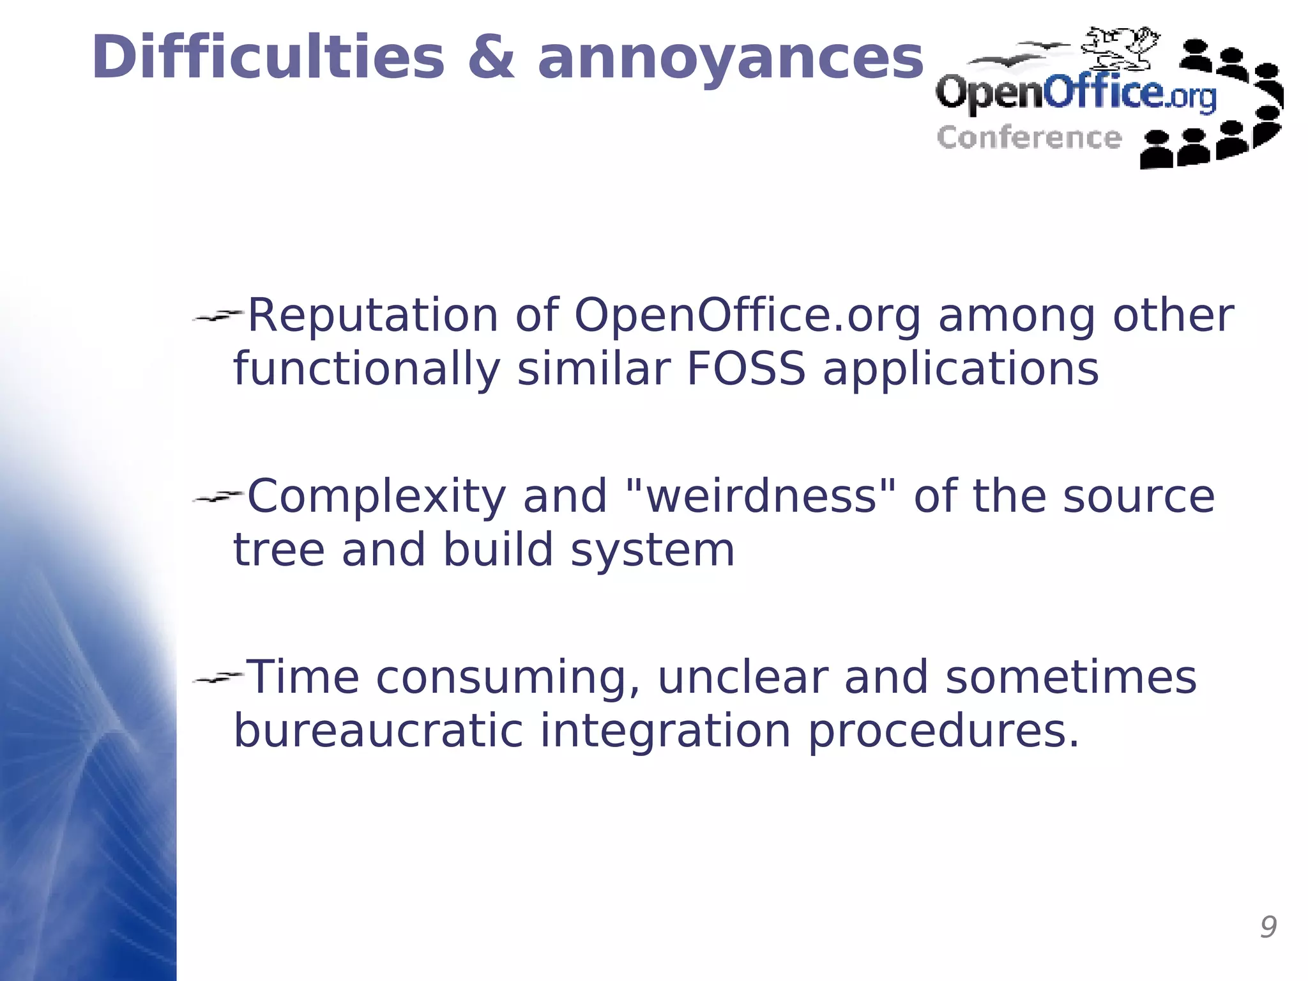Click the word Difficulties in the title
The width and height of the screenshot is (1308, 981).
[x=268, y=58]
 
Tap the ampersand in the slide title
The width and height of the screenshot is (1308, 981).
[x=490, y=58]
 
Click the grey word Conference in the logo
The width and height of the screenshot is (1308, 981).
[x=1029, y=138]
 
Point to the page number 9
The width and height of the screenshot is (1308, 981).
[x=1268, y=927]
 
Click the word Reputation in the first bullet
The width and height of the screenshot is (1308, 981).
[x=372, y=316]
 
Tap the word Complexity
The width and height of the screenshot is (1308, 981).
[x=376, y=497]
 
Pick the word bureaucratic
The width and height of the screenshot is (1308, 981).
[x=378, y=731]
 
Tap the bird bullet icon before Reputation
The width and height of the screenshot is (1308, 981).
[x=218, y=315]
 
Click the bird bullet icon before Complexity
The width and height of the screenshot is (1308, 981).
[x=218, y=496]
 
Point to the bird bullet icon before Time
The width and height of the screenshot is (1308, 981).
[x=218, y=677]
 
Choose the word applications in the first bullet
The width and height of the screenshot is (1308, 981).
[x=961, y=371]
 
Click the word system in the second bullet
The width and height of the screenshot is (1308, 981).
[x=652, y=550]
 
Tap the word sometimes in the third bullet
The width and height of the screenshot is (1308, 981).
[x=1070, y=677]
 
